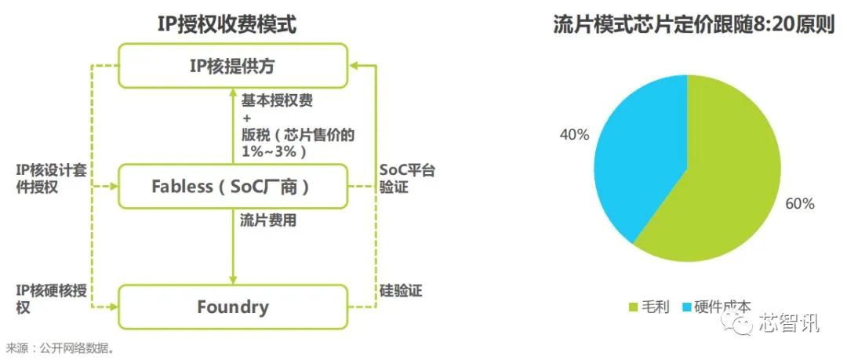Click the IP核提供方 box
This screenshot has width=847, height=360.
232,65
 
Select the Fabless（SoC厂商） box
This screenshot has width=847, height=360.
232,186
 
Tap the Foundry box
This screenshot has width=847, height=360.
232,306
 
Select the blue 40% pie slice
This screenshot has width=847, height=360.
635,157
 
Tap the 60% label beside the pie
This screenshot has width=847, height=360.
799,204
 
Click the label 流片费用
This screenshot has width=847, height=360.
268,220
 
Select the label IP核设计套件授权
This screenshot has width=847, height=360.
49,178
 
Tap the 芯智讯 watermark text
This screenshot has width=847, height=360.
788,322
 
